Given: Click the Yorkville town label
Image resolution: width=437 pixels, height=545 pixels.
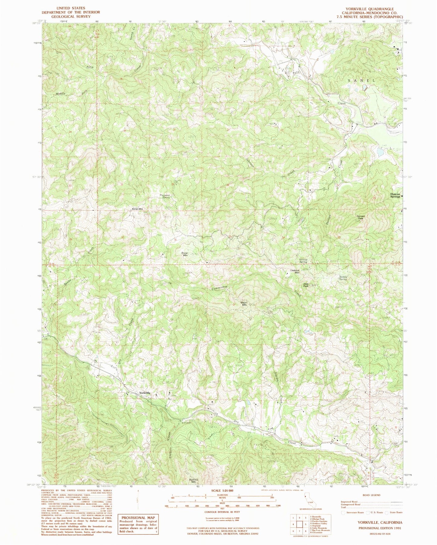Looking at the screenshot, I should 145,393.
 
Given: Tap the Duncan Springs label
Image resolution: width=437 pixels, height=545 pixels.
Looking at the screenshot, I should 395,195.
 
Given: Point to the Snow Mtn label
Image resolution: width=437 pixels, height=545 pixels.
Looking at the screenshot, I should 184,254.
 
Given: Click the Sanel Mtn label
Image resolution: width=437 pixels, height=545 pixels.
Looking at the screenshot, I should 137,209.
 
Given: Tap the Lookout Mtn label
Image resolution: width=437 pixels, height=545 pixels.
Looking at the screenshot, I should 295,271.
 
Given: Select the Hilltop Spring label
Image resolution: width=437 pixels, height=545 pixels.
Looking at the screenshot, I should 303,260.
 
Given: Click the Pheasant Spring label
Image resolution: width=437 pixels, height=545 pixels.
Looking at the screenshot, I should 165,196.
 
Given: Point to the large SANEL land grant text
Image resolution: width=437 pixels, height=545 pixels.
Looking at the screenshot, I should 361,81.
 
